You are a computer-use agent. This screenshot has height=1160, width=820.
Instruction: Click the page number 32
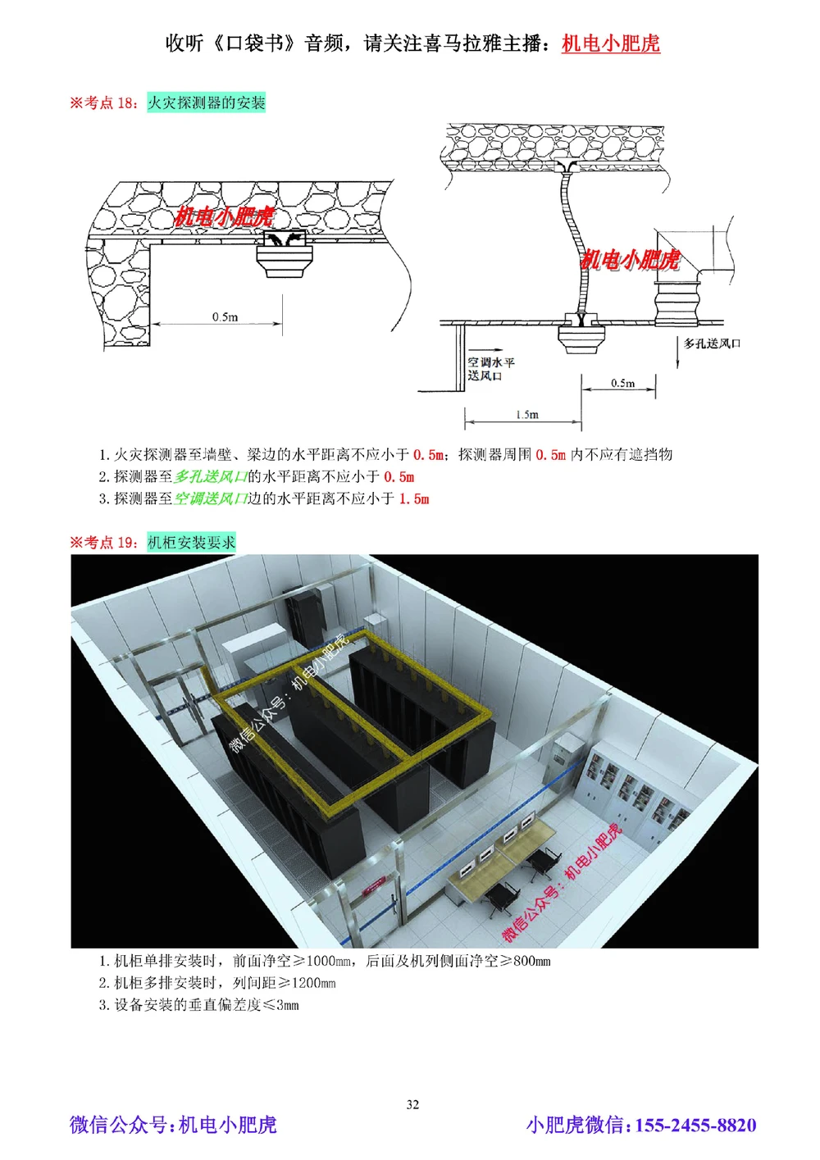pos(412,1104)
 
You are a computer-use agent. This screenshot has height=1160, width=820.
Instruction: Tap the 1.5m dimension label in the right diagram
pos(527,414)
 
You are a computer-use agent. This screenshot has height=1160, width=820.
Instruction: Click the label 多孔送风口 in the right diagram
pos(712,343)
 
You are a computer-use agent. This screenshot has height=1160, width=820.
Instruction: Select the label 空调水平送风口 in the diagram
pos(491,369)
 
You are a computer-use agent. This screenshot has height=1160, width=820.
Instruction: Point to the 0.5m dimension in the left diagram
pos(225,316)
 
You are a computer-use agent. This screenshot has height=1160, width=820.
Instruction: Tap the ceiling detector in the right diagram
pos(581,337)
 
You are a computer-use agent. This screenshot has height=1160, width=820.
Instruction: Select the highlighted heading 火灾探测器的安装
pos(207,102)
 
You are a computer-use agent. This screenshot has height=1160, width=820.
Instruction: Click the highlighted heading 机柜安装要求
pos(191,542)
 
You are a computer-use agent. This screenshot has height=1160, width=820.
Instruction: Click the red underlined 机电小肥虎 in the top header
pos(611,43)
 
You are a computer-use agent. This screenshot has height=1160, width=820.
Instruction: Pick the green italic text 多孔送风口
pos(211,476)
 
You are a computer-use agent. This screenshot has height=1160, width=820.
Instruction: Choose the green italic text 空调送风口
pos(211,498)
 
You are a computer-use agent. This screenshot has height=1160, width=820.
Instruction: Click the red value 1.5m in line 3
pos(414,498)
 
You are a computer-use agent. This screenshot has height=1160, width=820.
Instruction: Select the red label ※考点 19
pos(104,542)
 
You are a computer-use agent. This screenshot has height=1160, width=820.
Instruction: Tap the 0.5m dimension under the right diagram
pos(622,383)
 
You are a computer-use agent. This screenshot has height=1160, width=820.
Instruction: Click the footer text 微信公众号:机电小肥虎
pos(173,1125)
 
